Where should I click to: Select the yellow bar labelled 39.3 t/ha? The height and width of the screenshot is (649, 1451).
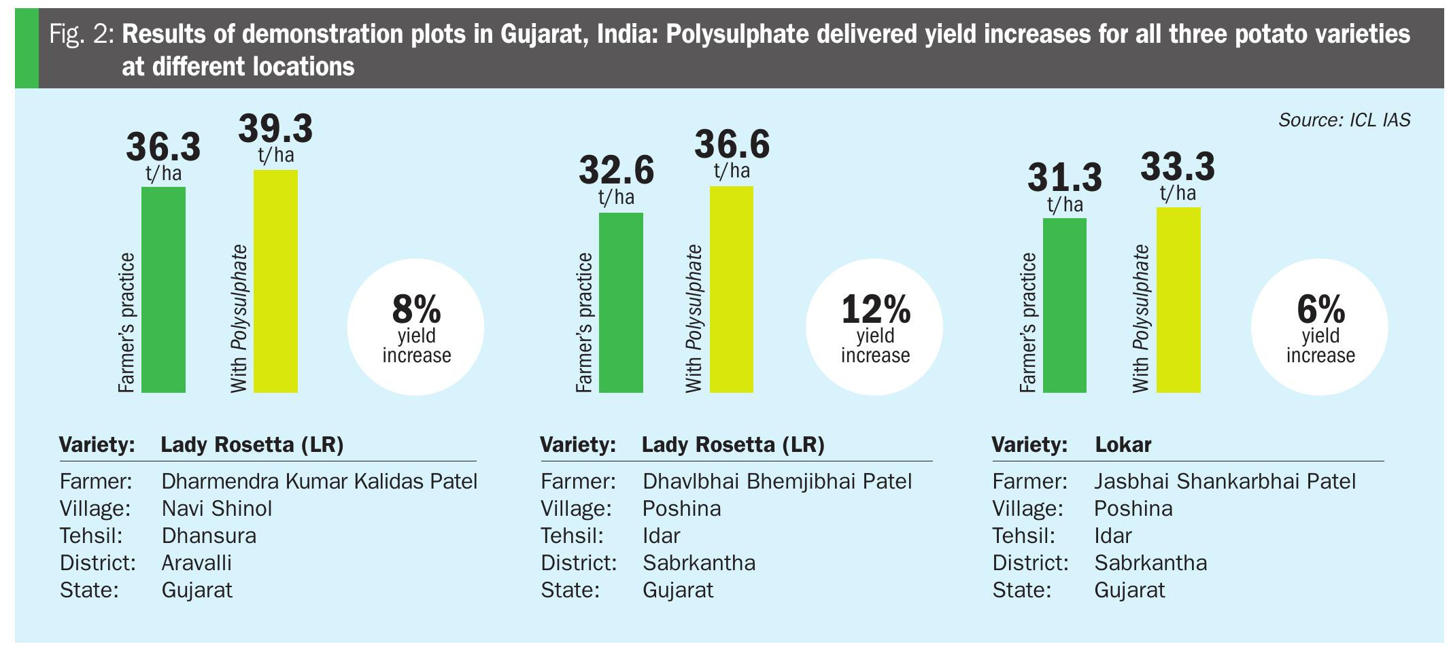(x=275, y=281)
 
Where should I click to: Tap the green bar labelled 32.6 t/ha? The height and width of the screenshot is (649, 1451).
(x=620, y=302)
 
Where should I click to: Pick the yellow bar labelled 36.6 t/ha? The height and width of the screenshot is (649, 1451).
(x=732, y=290)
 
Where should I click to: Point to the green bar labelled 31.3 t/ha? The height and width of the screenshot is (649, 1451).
(x=1064, y=305)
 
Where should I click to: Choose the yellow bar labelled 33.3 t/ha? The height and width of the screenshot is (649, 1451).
(x=1178, y=300)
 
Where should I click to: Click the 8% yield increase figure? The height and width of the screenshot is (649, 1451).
(x=416, y=327)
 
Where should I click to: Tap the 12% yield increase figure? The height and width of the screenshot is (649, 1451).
(x=875, y=327)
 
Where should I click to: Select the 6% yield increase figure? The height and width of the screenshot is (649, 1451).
(x=1320, y=327)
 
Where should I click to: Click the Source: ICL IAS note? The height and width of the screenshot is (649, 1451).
(x=1344, y=120)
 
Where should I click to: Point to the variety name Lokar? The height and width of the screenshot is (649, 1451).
(x=1123, y=445)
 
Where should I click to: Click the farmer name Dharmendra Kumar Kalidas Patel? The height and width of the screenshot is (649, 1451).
(x=319, y=482)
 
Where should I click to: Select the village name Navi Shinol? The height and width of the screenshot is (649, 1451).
(x=216, y=509)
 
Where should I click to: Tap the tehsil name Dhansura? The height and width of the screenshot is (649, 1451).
(x=209, y=536)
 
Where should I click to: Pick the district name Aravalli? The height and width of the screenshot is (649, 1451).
(x=197, y=563)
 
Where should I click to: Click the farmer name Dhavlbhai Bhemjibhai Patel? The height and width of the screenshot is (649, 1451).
(x=776, y=482)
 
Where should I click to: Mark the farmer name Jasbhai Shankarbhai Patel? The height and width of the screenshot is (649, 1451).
(x=1225, y=482)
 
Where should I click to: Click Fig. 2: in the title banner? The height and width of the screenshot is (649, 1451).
(x=82, y=35)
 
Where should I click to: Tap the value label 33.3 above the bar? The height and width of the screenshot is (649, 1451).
(x=1178, y=166)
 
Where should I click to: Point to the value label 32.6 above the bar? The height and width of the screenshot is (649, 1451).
(x=616, y=170)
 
